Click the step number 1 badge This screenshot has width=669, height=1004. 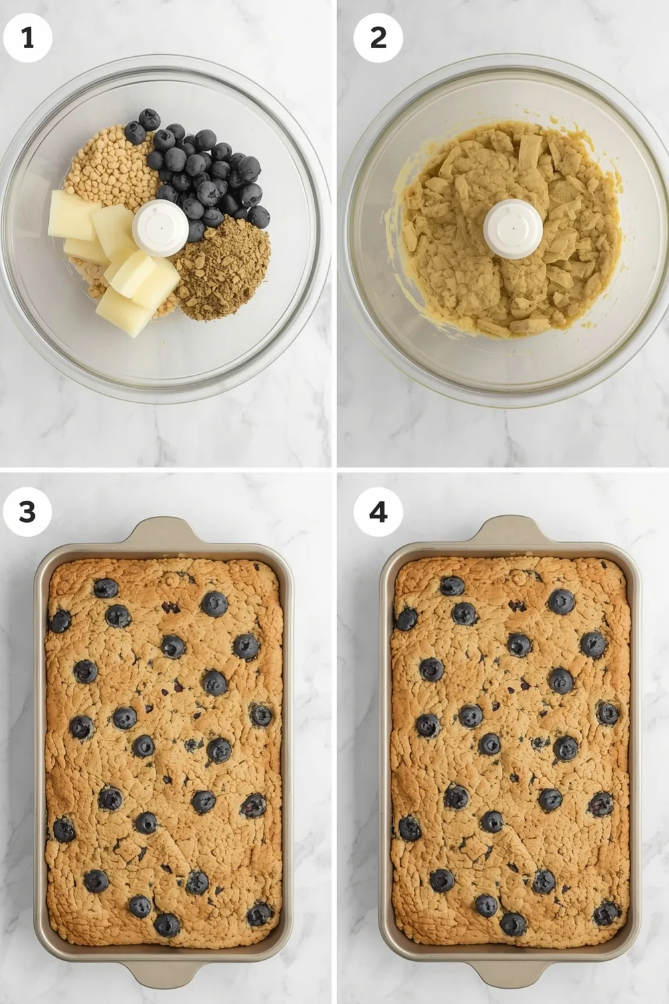tap(27, 37)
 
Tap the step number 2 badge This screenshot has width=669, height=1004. tap(378, 37)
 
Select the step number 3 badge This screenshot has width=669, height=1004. tap(27, 512)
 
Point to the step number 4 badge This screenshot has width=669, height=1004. tap(378, 512)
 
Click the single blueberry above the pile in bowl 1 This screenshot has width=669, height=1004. tap(150, 119)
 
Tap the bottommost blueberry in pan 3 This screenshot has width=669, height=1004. tap(167, 925)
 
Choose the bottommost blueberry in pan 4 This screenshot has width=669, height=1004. tap(513, 924)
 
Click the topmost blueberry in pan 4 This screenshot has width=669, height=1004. tap(452, 587)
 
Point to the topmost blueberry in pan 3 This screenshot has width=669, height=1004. tap(106, 588)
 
